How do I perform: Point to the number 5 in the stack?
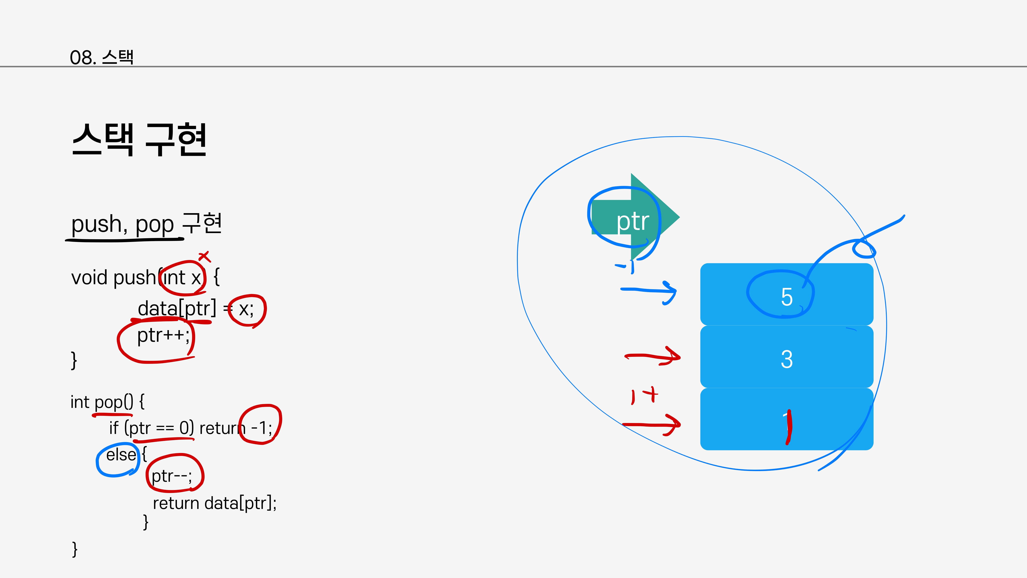coord(786,297)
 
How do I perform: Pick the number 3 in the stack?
coord(786,359)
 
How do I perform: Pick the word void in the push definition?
coord(90,278)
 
